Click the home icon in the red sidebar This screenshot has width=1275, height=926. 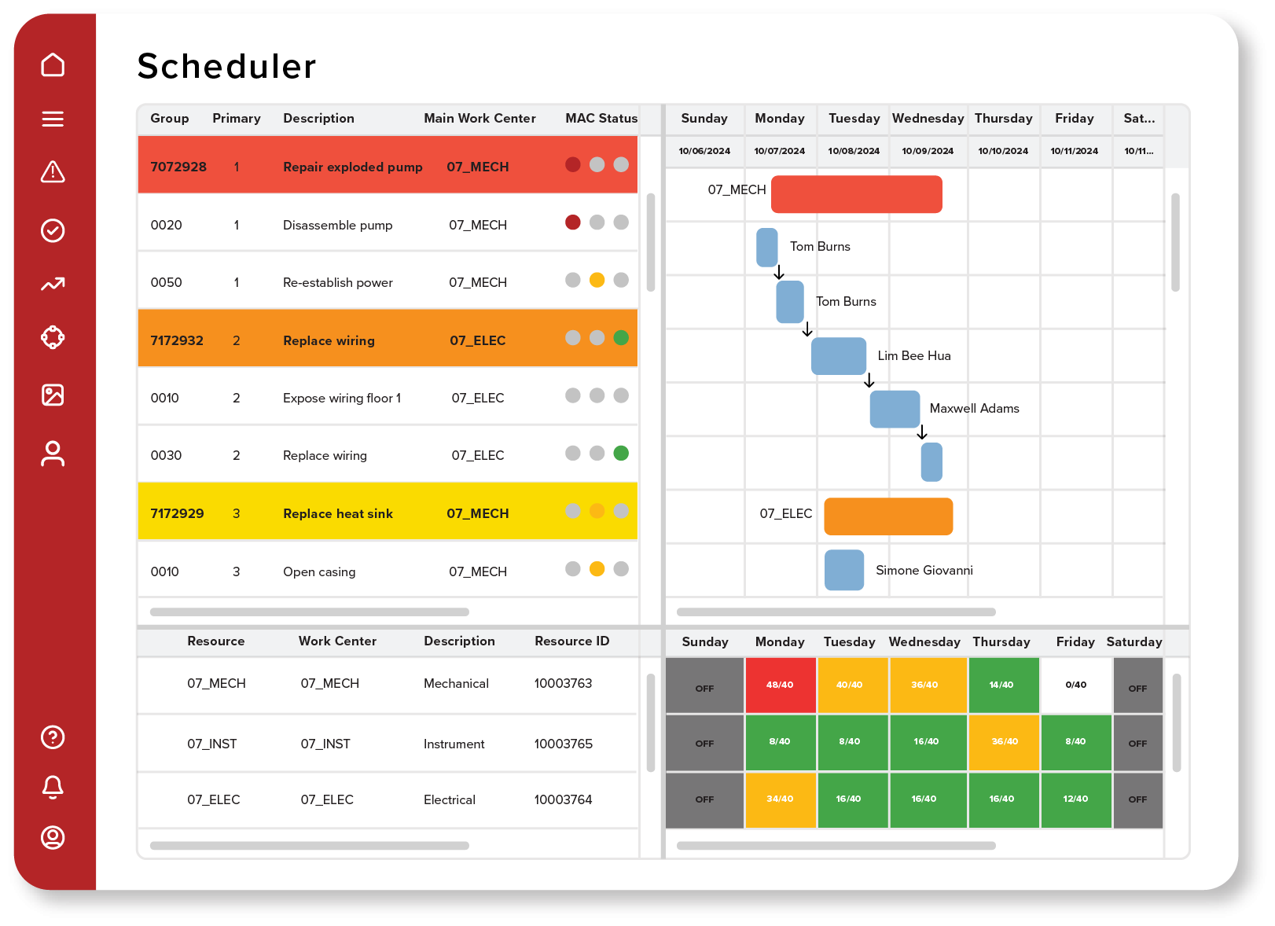click(x=53, y=64)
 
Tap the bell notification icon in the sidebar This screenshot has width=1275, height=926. click(x=53, y=786)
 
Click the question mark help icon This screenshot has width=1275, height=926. click(x=53, y=737)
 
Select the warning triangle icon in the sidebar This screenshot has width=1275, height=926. click(x=53, y=171)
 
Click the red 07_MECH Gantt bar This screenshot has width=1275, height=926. click(x=856, y=194)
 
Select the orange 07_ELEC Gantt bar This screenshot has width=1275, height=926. click(x=888, y=516)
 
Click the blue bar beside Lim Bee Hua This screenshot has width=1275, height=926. click(x=838, y=356)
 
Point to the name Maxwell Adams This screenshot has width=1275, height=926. click(x=974, y=409)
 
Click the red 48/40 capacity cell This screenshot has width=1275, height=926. click(x=780, y=685)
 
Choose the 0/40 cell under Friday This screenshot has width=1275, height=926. click(x=1075, y=685)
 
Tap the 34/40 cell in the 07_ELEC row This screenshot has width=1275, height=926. click(x=780, y=799)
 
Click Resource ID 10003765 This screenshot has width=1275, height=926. click(x=563, y=744)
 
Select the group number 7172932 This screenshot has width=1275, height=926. click(x=177, y=340)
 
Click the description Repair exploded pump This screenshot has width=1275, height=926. click(x=352, y=167)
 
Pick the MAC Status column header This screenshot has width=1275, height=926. click(x=601, y=118)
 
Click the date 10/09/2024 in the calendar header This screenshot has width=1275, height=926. click(x=928, y=151)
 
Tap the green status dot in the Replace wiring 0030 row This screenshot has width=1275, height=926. click(x=621, y=453)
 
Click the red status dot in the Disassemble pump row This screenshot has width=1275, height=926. click(x=573, y=222)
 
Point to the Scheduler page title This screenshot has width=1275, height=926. click(x=226, y=67)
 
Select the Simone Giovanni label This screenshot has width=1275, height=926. click(x=924, y=571)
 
